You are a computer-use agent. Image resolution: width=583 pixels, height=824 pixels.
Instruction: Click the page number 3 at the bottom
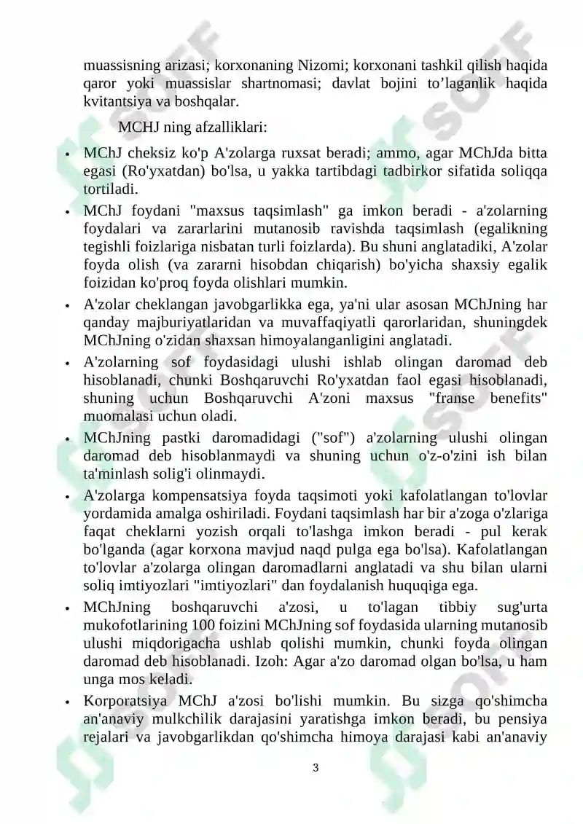(x=316, y=767)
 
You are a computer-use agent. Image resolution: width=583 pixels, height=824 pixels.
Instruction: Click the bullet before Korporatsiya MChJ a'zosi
(x=67, y=703)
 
